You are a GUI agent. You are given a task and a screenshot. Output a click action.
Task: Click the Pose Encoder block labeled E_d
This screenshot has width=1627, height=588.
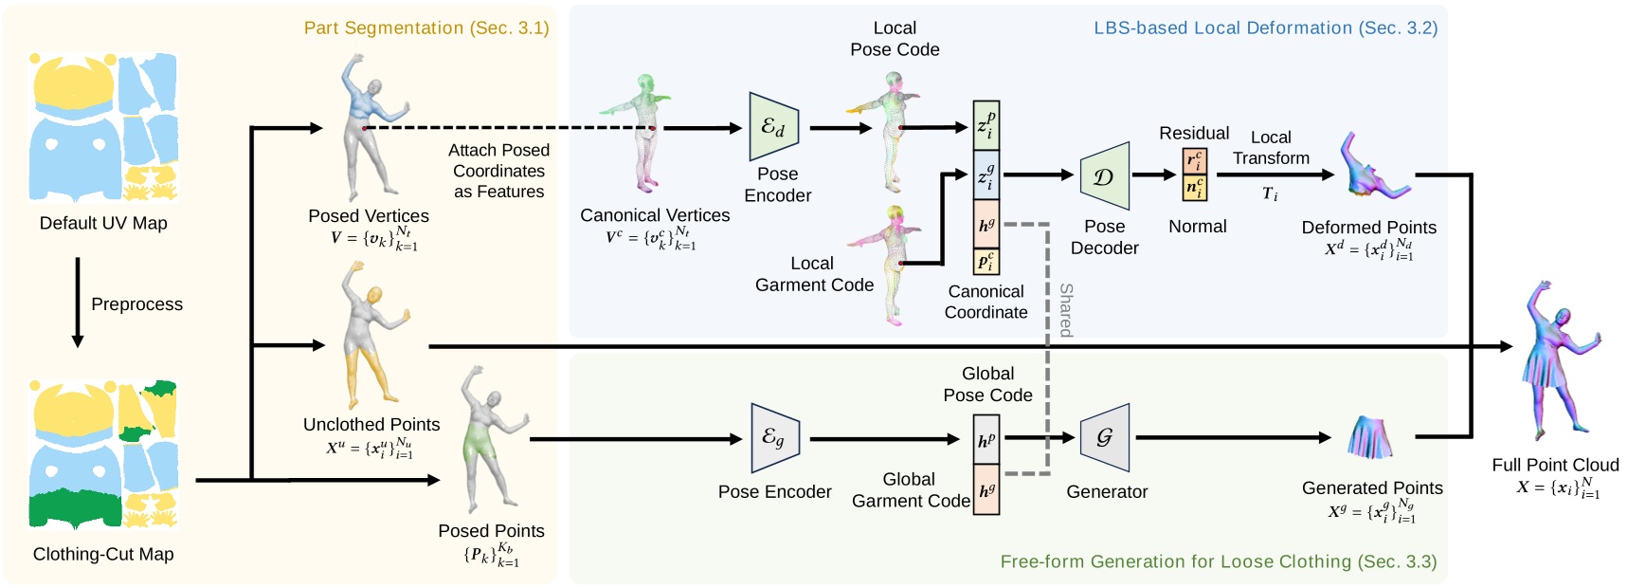click(773, 126)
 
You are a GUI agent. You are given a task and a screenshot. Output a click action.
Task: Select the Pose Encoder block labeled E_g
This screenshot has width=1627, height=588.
click(775, 437)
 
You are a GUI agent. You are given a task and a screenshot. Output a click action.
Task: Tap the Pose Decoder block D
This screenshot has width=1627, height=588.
click(1104, 175)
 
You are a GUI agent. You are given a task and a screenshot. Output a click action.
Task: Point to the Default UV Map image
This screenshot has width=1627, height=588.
click(103, 127)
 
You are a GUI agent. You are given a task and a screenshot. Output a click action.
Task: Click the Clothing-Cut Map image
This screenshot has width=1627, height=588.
click(103, 454)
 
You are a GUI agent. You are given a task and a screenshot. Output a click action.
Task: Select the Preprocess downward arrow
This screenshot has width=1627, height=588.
click(78, 302)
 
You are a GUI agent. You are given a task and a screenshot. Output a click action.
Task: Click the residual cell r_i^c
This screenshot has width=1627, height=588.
click(1194, 161)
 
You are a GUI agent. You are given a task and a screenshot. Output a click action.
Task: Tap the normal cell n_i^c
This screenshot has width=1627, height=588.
click(1194, 188)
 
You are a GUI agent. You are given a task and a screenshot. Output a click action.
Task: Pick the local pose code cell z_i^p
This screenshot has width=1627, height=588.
click(985, 125)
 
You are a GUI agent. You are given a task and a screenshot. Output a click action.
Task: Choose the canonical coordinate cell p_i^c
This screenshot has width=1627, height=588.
click(985, 260)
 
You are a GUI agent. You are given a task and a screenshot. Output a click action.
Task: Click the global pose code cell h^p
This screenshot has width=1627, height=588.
click(985, 439)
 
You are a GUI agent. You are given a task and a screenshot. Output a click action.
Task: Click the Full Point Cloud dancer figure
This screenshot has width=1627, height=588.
click(1560, 360)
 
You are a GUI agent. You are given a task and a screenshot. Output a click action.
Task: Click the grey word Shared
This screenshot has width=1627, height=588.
click(1066, 309)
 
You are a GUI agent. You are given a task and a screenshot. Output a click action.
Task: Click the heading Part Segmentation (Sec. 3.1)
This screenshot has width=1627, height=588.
click(426, 28)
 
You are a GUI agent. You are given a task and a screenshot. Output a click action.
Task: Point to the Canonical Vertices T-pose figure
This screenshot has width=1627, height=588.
click(642, 133)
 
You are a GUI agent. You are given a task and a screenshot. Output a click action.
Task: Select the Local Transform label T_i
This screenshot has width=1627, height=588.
click(1270, 194)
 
